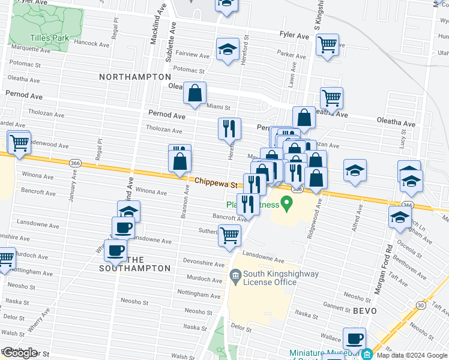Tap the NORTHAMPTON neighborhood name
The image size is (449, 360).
click(135, 77)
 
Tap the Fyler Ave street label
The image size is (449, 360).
click(294, 36)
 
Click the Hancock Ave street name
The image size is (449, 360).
click(91, 44)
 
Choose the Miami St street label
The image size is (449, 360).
click(218, 107)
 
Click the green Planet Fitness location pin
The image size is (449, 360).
click(286, 205)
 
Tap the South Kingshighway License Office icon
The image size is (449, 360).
click(235, 277)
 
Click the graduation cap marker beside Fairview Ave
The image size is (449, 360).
click(228, 50)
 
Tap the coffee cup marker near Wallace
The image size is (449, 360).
click(354, 338)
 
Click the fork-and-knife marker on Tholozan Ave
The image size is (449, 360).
click(229, 128)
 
